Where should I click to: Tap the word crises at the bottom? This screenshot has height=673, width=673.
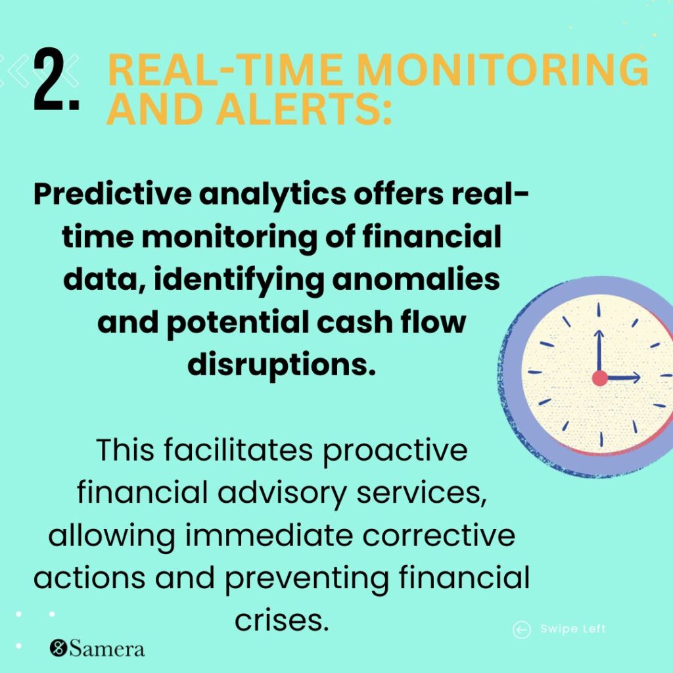point(281,620)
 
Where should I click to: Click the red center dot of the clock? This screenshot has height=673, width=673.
point(599,378)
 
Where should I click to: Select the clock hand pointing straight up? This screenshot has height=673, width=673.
point(599,352)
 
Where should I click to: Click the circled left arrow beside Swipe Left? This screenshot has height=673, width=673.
point(521,630)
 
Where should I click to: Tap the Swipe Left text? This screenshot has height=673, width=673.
point(573,630)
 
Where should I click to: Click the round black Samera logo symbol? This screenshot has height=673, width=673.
point(58,649)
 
